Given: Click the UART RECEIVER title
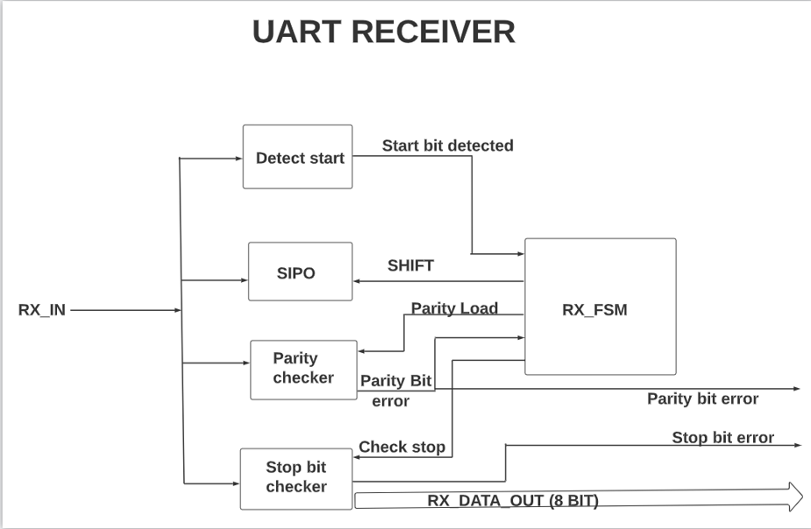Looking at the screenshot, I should [x=383, y=32].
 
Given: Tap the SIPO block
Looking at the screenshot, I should [x=295, y=272].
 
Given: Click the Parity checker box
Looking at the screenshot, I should [x=303, y=369].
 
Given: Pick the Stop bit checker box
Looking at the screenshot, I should [x=296, y=477].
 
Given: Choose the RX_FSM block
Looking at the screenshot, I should [x=600, y=308].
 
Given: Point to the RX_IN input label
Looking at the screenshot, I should [x=42, y=309].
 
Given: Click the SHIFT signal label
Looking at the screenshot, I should [x=410, y=265].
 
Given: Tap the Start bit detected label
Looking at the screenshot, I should [x=447, y=145].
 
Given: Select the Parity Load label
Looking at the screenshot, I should [x=454, y=307].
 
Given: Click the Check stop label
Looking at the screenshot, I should [x=402, y=447].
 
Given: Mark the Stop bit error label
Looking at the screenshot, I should [x=722, y=437].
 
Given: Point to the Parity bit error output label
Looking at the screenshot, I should [x=702, y=399].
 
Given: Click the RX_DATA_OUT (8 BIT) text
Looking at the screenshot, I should [x=513, y=501].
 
